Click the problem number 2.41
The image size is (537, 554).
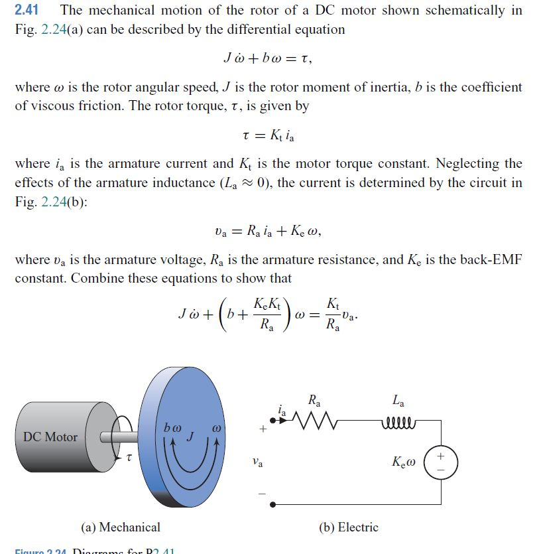(x=27, y=11)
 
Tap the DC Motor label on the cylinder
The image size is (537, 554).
(x=50, y=437)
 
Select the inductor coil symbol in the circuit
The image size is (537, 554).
(x=397, y=419)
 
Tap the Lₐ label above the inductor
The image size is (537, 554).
(x=398, y=401)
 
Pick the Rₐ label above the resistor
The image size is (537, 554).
(x=315, y=401)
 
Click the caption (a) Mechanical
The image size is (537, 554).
(x=121, y=527)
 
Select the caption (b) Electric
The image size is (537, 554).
(x=349, y=527)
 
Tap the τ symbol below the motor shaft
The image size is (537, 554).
(x=129, y=457)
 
